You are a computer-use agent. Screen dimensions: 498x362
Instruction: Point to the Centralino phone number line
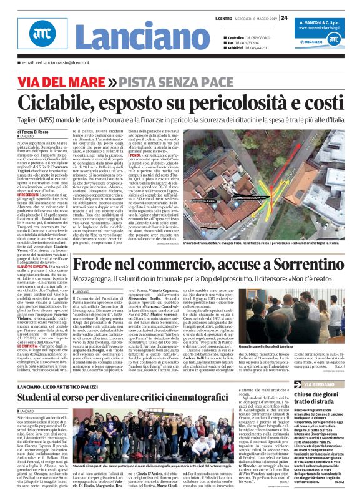coord(237,38)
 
